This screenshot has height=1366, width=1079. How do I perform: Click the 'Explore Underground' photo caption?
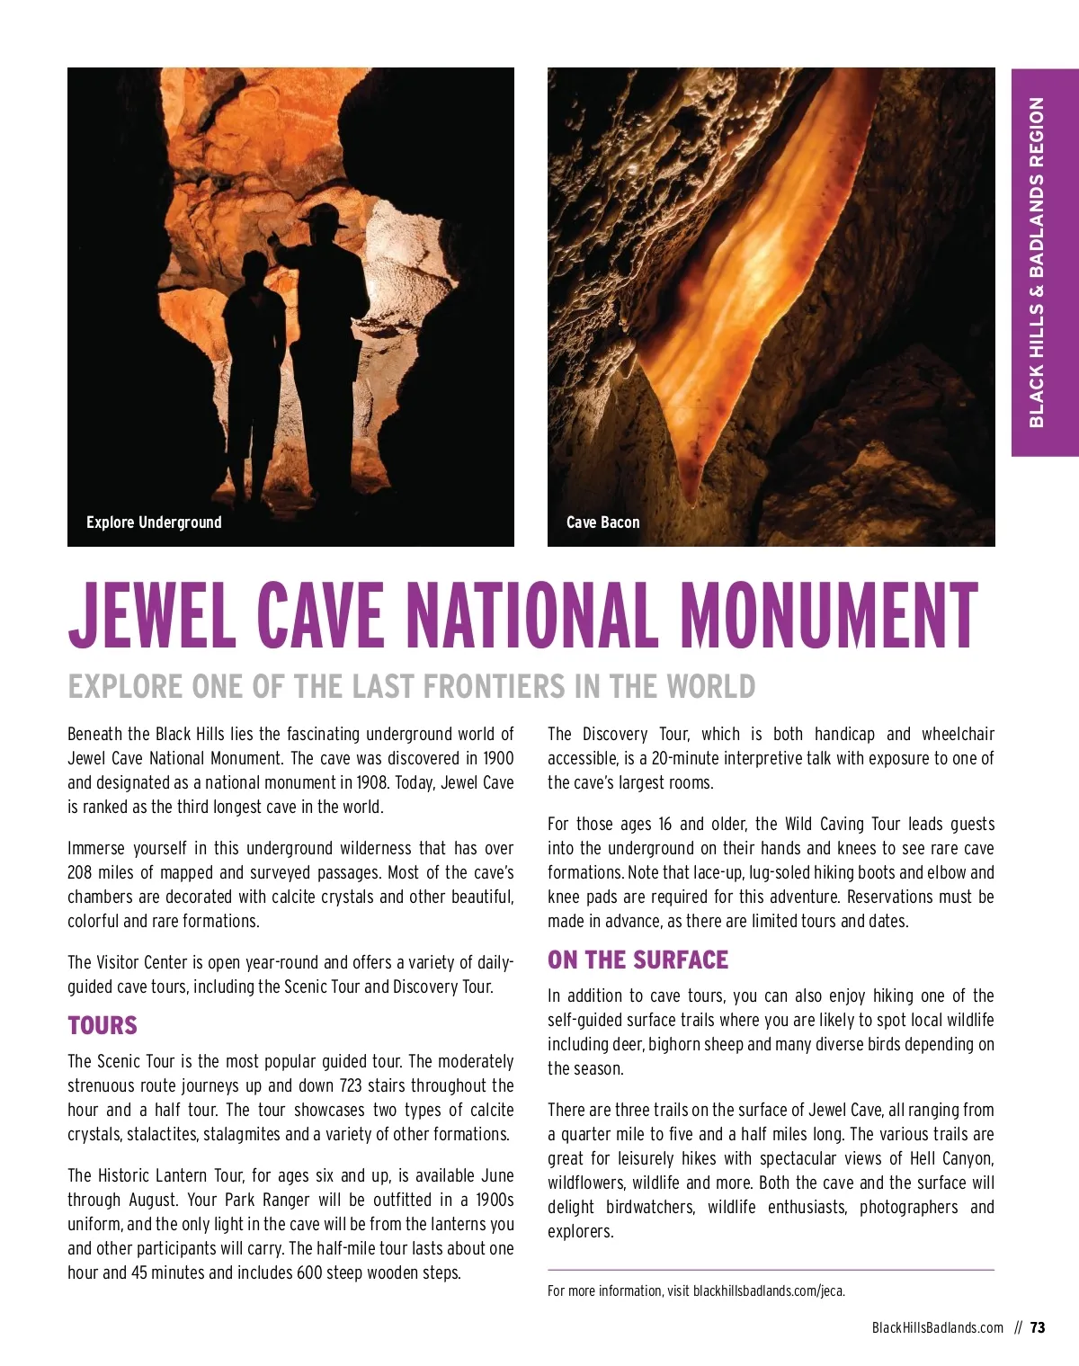click(154, 522)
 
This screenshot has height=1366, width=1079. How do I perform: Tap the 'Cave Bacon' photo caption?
click(602, 522)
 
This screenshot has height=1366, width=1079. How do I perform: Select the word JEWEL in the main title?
click(154, 616)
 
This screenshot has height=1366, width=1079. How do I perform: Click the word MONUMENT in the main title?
click(828, 616)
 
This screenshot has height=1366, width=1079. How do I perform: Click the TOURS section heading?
click(103, 1026)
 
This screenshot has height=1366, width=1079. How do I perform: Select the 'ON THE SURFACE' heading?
click(638, 960)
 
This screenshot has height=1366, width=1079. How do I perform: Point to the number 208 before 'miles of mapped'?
click(81, 872)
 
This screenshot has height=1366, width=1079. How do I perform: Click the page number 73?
click(1038, 1327)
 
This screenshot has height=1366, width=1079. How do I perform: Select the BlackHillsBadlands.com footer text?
click(937, 1327)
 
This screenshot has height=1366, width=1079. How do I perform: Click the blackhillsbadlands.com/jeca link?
click(769, 1291)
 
